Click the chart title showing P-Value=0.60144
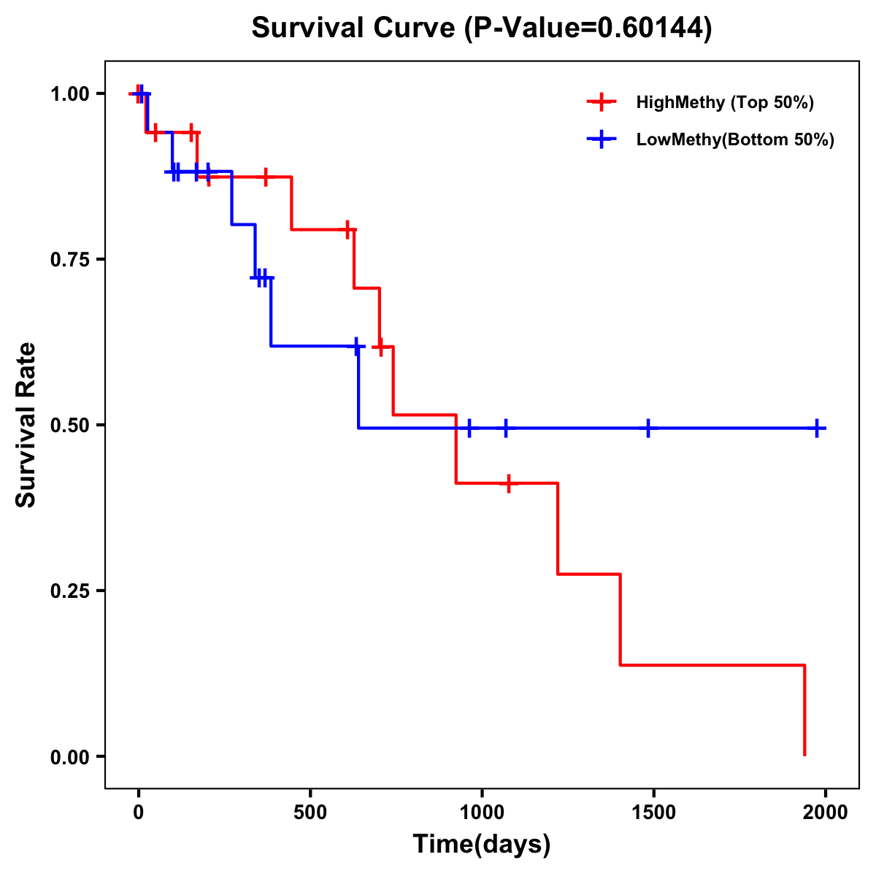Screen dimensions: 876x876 [x=482, y=28]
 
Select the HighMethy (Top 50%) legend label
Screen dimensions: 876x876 [x=725, y=102]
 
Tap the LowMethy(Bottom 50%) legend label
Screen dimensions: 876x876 [x=735, y=139]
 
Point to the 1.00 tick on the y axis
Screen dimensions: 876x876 [x=69, y=93]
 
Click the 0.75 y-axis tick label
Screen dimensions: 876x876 [x=69, y=259]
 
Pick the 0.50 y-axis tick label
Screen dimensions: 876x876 [x=69, y=425]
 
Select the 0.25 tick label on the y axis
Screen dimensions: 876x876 [x=69, y=591]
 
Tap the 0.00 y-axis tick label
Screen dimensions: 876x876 [x=69, y=756]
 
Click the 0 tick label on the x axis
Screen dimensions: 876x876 [x=138, y=812]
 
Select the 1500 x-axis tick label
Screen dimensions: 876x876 [x=653, y=812]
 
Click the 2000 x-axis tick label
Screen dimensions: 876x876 [x=826, y=812]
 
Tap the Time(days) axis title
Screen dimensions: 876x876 [x=482, y=845]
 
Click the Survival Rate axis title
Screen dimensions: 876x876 [x=26, y=425]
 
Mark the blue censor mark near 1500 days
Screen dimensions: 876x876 [x=648, y=429]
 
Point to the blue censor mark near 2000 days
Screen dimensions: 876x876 [x=818, y=429]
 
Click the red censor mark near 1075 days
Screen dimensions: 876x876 [x=507, y=483]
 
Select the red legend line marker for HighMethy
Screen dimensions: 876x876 [x=602, y=102]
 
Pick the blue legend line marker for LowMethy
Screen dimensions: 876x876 [x=602, y=139]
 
